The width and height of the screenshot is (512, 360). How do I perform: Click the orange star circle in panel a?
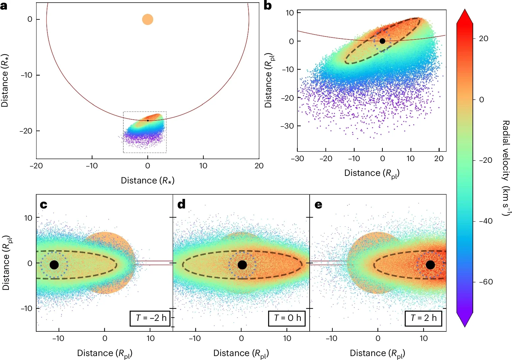tap(147, 19)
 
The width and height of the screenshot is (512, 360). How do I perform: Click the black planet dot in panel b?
tap(382, 41)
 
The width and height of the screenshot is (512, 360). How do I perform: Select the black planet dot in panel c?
tap(54, 265)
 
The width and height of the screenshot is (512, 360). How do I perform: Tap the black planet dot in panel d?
tap(242, 265)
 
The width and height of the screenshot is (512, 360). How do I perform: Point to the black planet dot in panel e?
tap(430, 265)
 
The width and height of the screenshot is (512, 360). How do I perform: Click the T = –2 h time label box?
tap(150, 318)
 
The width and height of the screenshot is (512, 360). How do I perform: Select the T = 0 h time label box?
tap(287, 318)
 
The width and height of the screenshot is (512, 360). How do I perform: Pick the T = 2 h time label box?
tap(423, 318)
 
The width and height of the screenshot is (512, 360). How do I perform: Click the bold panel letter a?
tap(4, 6)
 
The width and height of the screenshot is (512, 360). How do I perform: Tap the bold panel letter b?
tap(268, 6)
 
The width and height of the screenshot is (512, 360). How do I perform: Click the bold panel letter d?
tap(181, 204)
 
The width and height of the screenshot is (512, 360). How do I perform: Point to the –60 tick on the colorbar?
tap(486, 282)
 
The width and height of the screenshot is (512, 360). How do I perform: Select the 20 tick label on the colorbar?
tap(483, 39)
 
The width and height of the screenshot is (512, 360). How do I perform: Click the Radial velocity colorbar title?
tap(505, 168)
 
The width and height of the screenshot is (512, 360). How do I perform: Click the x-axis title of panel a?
tap(147, 180)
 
